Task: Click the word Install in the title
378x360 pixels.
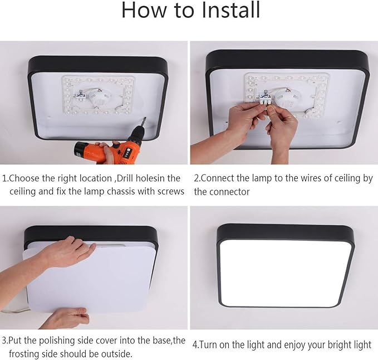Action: [230, 9]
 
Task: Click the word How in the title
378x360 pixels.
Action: [144, 10]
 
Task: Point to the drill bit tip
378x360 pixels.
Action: [145, 118]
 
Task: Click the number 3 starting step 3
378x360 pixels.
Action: [4, 340]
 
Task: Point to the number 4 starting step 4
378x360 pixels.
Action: [195, 345]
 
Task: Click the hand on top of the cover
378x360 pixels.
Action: [70, 251]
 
